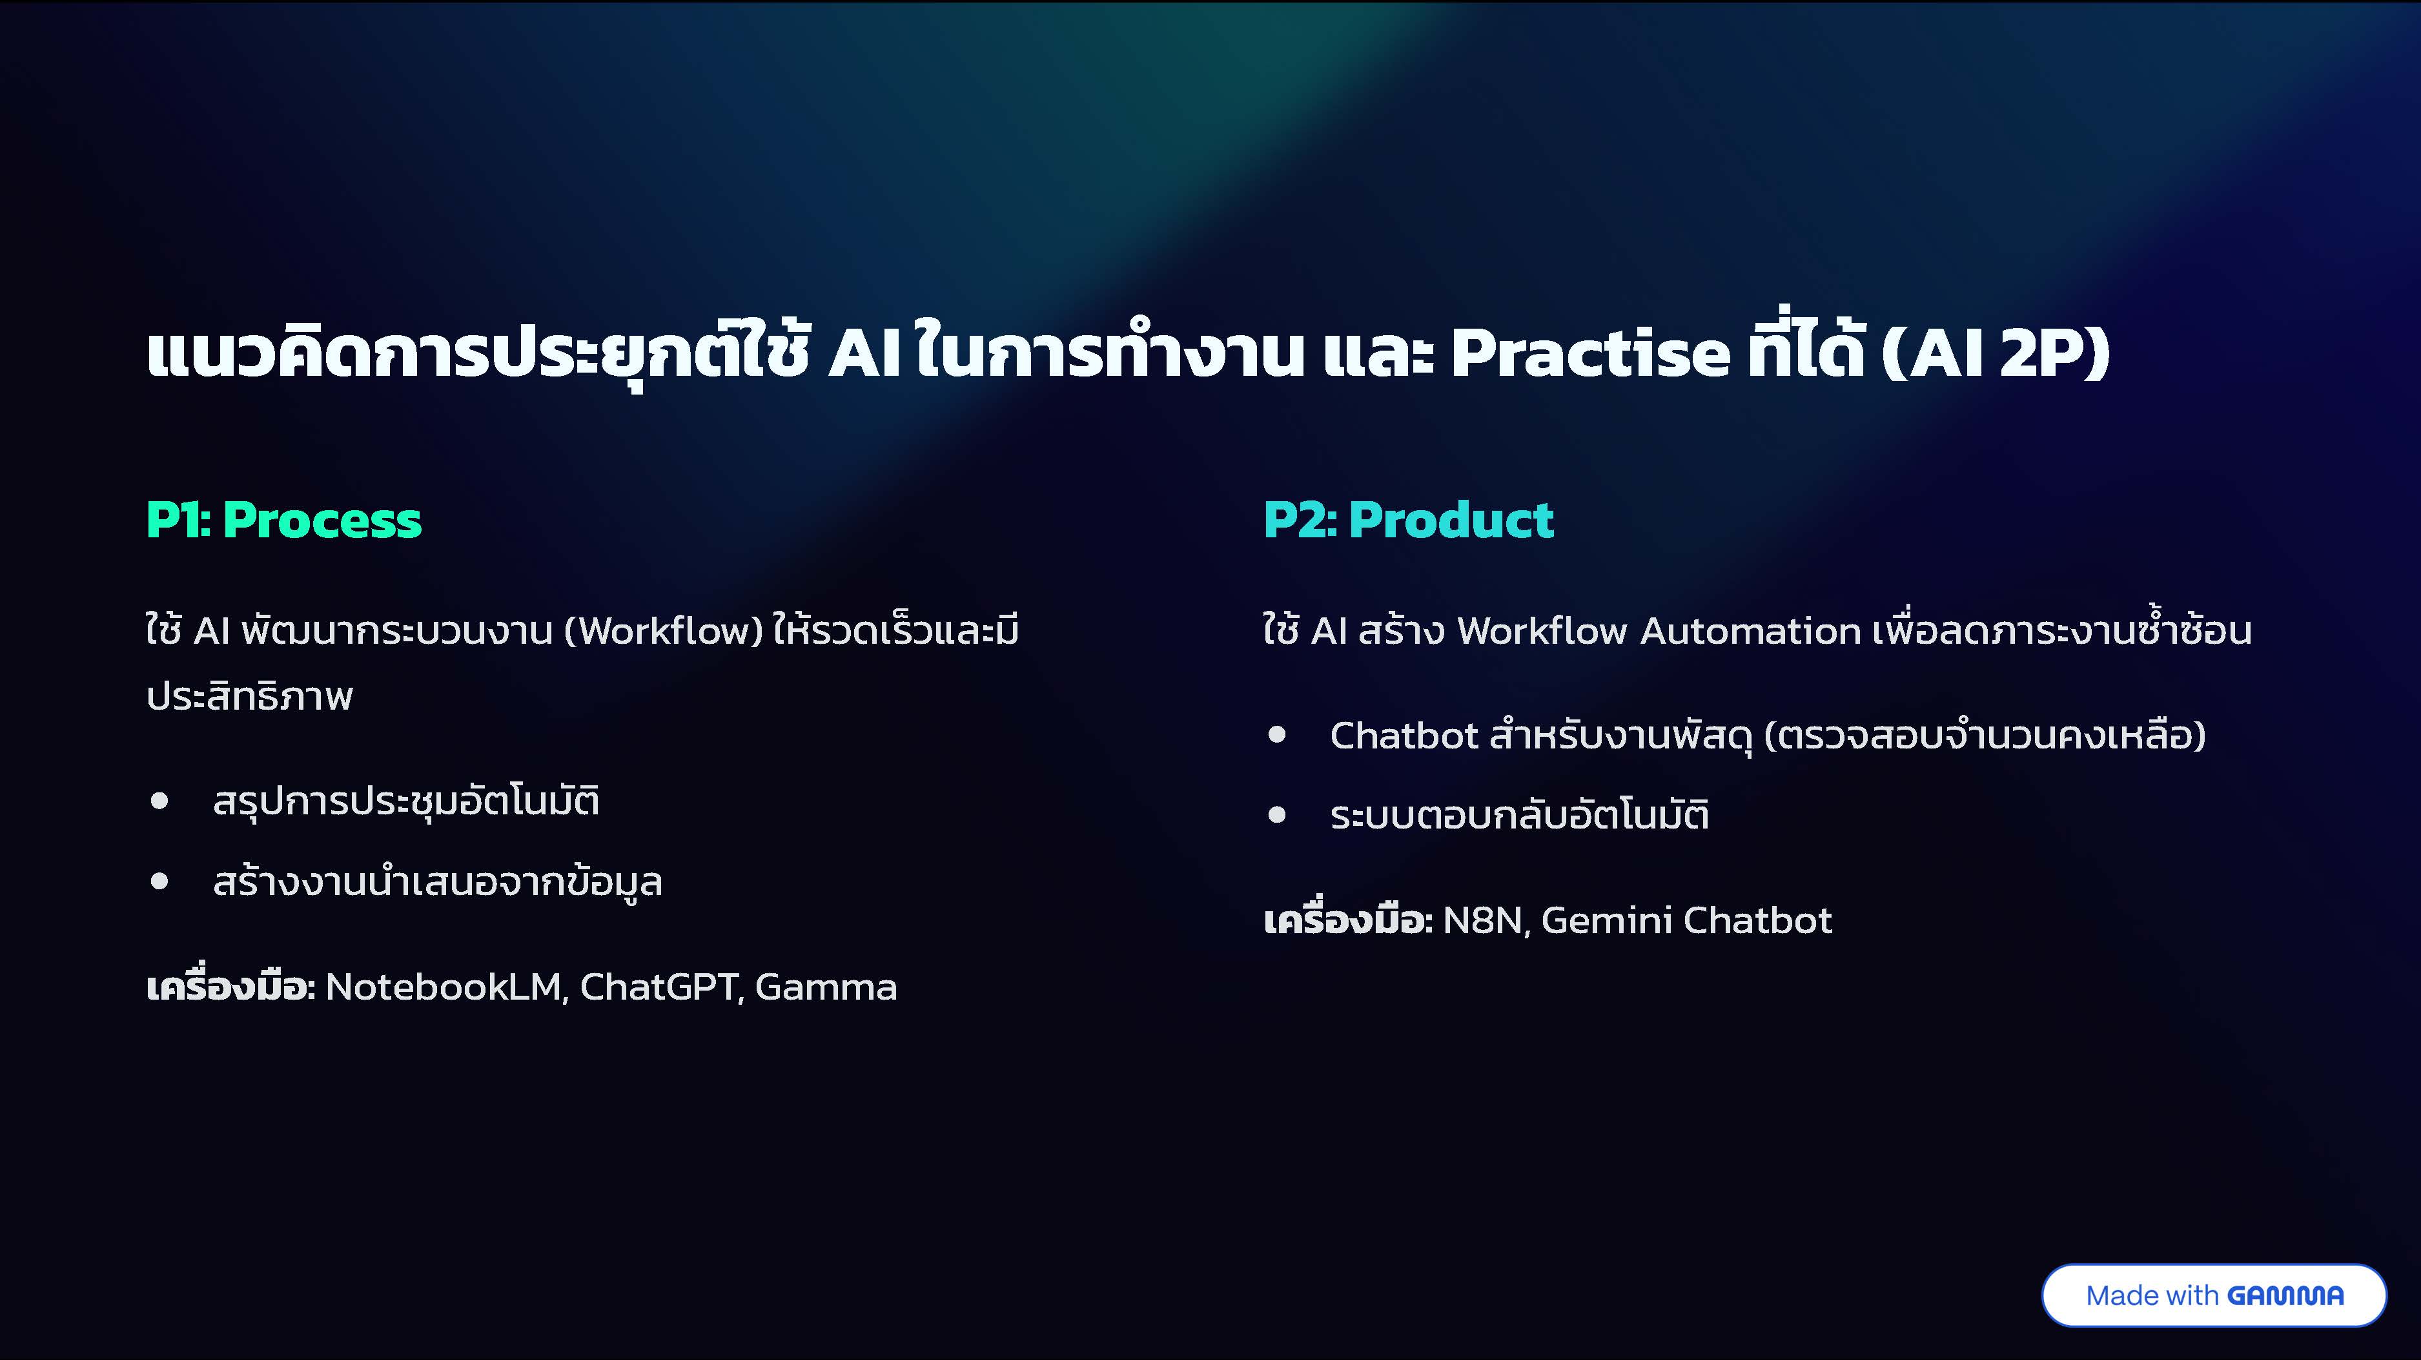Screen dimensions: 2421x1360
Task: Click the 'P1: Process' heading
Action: click(x=284, y=520)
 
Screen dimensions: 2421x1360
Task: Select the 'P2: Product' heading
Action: click(x=1408, y=520)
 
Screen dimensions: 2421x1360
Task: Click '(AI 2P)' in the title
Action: click(x=1996, y=355)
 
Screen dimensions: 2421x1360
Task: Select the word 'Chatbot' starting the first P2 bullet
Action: click(x=1404, y=735)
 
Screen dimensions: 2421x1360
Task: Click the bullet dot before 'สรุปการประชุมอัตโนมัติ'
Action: click(x=159, y=801)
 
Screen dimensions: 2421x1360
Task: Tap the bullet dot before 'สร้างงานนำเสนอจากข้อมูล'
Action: click(x=159, y=881)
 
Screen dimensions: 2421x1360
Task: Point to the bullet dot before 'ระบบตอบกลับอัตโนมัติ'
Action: click(x=1276, y=814)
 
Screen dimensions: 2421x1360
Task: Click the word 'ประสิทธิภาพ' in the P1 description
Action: click(x=250, y=696)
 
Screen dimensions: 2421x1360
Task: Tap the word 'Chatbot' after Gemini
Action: click(x=1757, y=920)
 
